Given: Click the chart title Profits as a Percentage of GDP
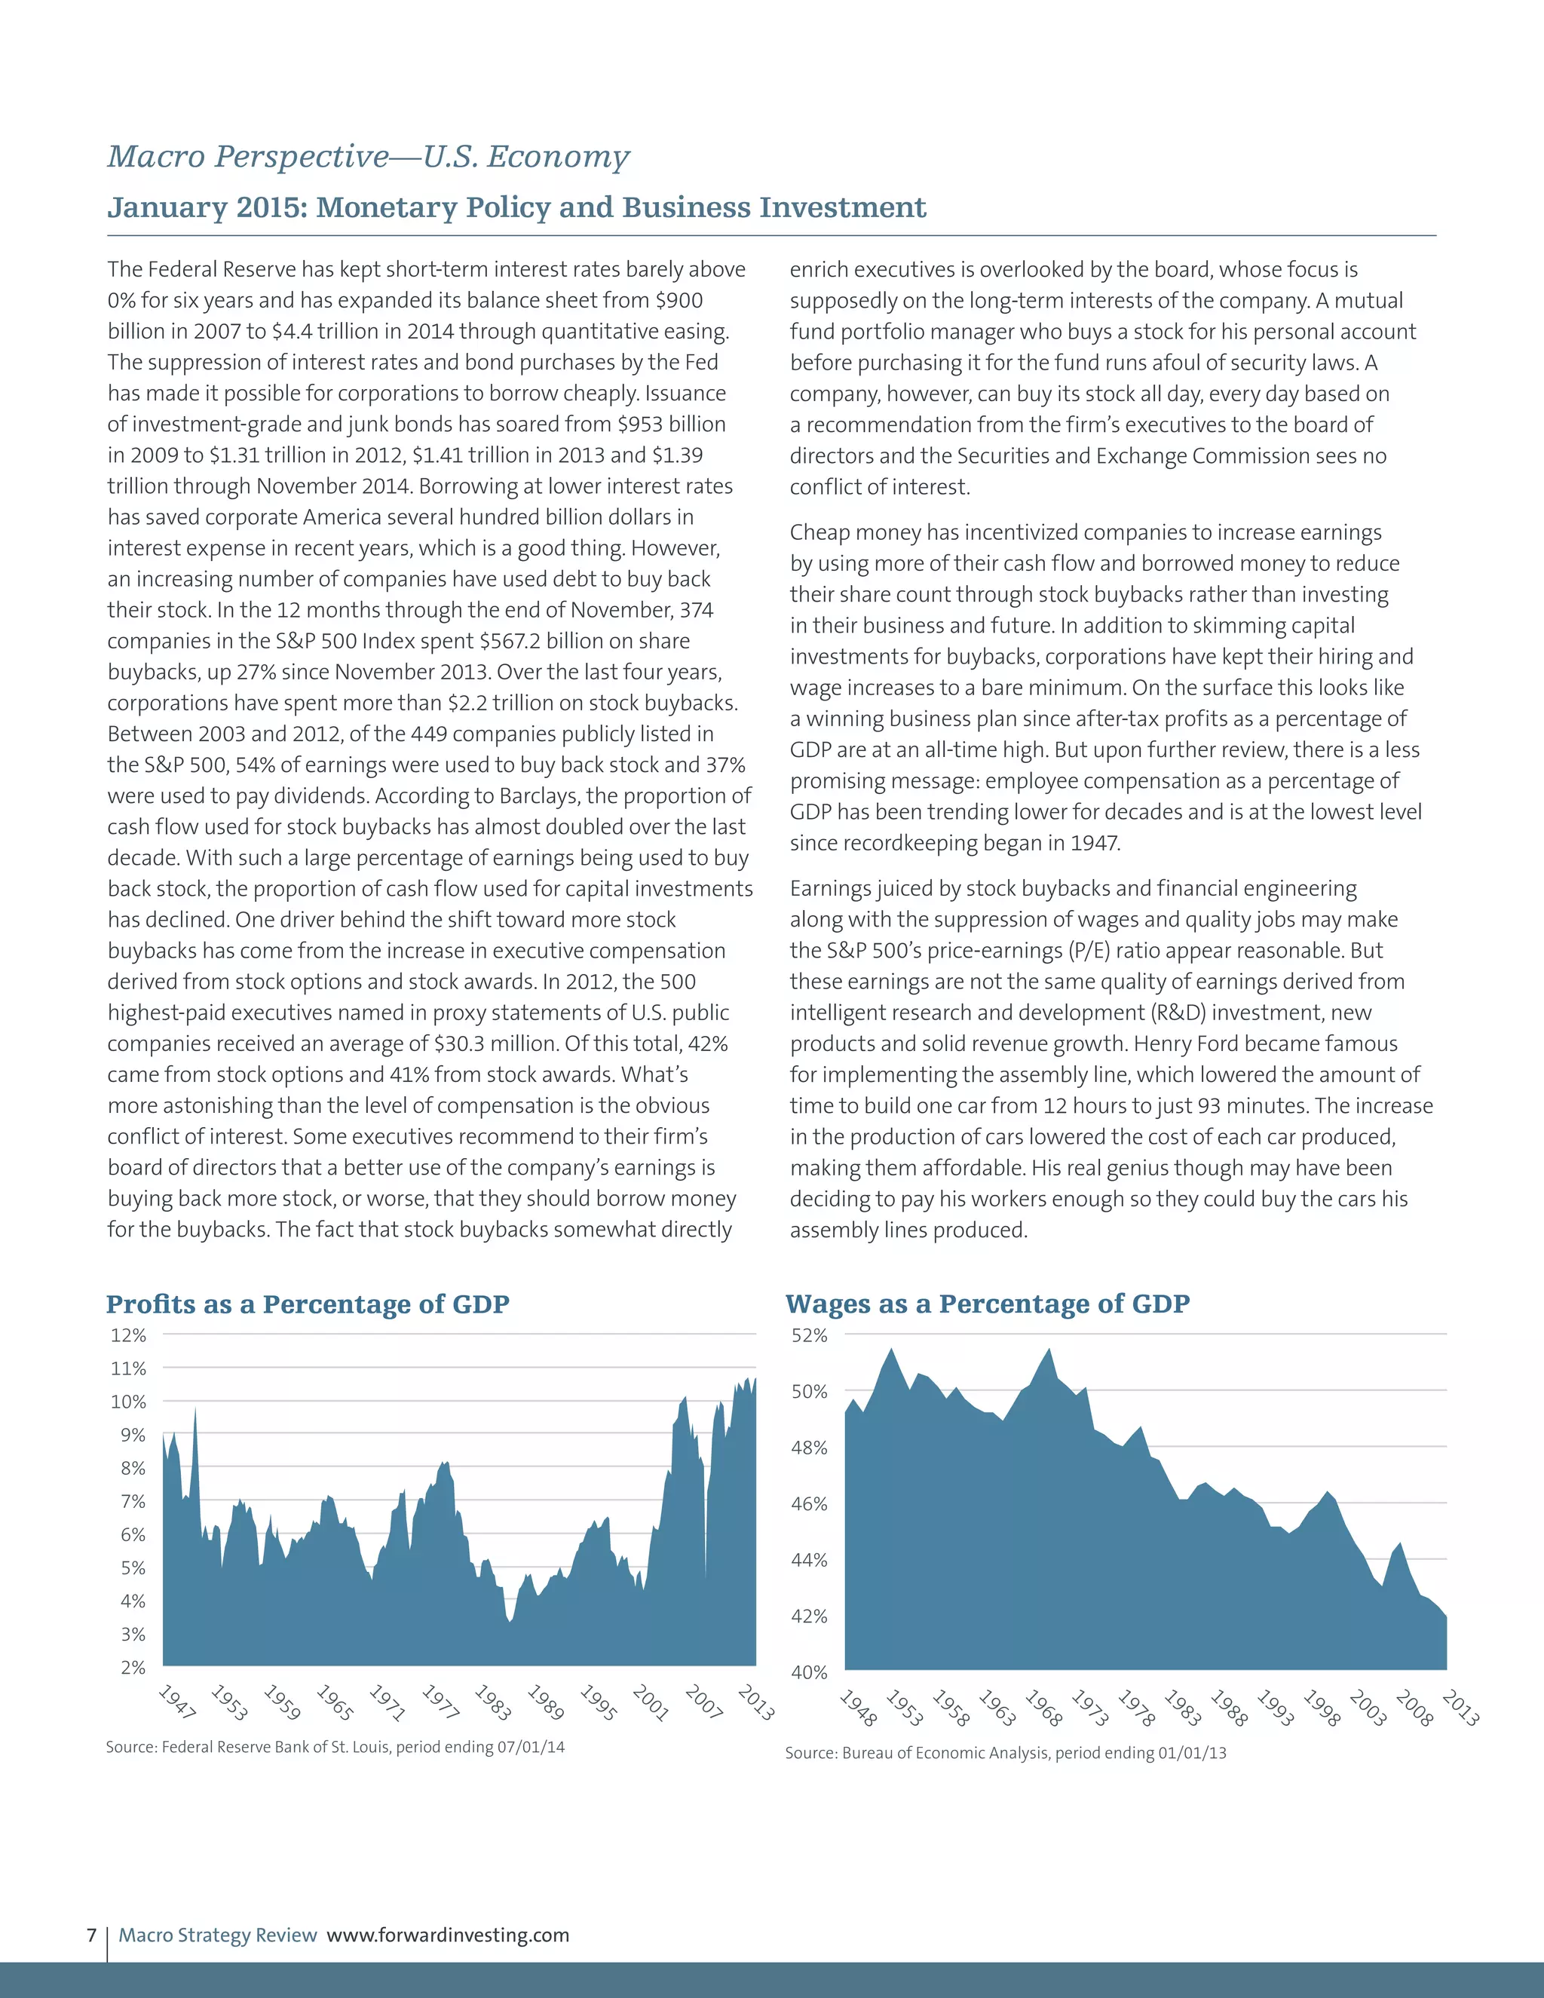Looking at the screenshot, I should tap(308, 1304).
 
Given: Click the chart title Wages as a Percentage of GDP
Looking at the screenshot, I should tap(987, 1304).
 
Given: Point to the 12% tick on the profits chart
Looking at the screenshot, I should tap(128, 1335).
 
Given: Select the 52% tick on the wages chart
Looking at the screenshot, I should tap(809, 1335).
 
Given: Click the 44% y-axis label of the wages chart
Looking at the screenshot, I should tap(809, 1560).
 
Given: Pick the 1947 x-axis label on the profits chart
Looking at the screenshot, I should tap(176, 1702).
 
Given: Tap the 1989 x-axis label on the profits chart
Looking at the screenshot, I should tap(545, 1702).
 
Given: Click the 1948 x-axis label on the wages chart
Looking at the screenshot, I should tap(858, 1708).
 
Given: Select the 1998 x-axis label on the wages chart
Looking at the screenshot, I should tap(1321, 1708).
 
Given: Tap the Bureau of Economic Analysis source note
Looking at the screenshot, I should tap(1005, 1753).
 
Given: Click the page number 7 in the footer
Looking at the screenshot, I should tap(91, 1935).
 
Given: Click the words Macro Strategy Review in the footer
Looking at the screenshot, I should tap(218, 1935).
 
